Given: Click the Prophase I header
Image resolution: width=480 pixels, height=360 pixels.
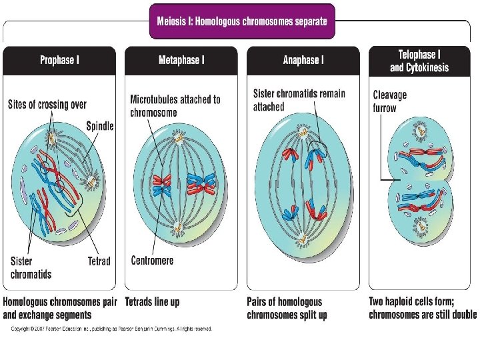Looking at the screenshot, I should [x=59, y=61].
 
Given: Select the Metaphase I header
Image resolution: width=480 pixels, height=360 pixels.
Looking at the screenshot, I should [x=181, y=61].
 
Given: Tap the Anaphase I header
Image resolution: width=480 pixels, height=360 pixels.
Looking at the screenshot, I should [x=303, y=61].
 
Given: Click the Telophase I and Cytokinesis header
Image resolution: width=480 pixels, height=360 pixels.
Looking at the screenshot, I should [x=419, y=61].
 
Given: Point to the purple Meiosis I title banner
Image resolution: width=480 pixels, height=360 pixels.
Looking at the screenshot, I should [x=242, y=21].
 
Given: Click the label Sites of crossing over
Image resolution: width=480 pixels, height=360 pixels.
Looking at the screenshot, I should [x=47, y=105].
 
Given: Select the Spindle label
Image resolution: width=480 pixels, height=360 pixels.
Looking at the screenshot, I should [x=100, y=125].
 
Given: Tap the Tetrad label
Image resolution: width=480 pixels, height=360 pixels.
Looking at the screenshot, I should [x=99, y=261].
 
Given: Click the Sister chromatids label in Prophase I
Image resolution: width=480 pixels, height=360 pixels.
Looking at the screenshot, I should [x=31, y=267].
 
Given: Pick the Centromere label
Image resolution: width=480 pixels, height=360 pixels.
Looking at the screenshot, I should [x=153, y=260].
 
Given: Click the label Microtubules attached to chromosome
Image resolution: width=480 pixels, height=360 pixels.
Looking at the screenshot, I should [x=175, y=106].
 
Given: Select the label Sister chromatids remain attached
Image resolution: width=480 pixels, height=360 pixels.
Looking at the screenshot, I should [x=299, y=100].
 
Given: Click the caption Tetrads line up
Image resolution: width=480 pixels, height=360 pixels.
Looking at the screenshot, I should [x=152, y=302].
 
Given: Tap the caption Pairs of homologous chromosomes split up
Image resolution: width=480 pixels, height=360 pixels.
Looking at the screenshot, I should [x=287, y=308].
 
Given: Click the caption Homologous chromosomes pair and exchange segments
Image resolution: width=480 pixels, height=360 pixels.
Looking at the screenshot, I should [x=62, y=308].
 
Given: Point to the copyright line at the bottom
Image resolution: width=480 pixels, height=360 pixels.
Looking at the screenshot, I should [x=111, y=328].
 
